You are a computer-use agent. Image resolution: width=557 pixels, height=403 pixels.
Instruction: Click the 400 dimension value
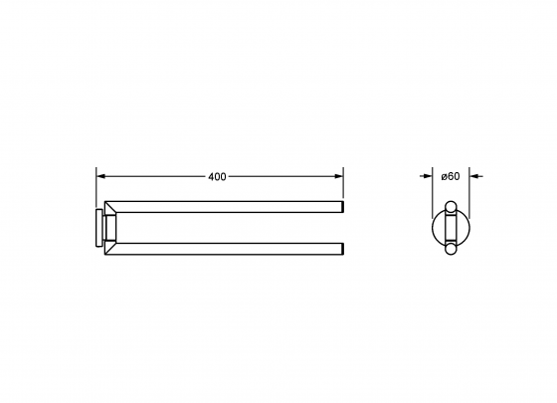coord(217,177)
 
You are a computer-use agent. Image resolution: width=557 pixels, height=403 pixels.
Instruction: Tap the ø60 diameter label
coord(451,176)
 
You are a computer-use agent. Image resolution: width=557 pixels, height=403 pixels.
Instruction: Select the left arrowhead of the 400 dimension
coord(101,176)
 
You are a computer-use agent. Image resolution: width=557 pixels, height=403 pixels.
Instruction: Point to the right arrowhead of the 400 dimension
coord(338,176)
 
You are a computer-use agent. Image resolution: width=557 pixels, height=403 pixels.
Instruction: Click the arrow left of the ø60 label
coord(426,176)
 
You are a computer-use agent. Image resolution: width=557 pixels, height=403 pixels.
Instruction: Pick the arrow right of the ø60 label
coord(476,176)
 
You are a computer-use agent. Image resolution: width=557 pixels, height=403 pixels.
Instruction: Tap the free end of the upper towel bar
coord(343,207)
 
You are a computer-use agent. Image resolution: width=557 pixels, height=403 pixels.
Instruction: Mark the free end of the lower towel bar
coord(343,249)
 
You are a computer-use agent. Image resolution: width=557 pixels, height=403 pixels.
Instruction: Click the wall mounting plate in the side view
coord(98,228)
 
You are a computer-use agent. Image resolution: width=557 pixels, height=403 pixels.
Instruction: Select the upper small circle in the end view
coord(451,207)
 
